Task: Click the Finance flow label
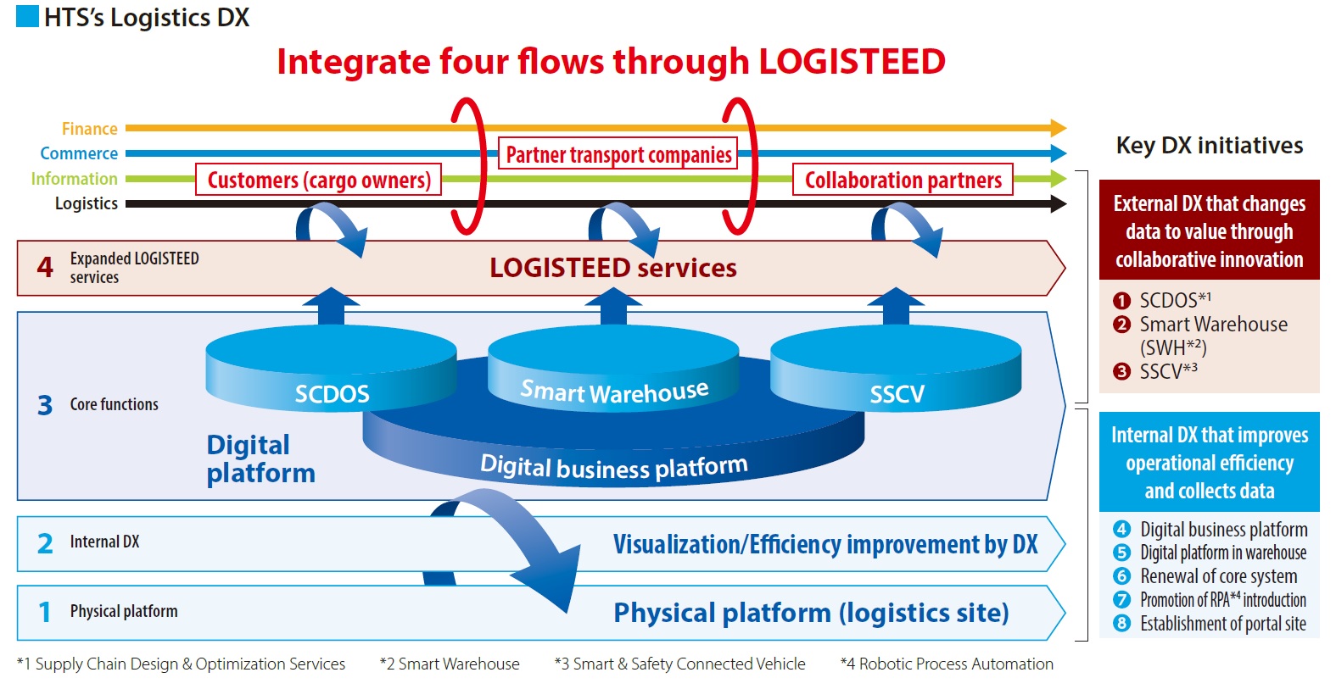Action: pyautogui.click(x=89, y=129)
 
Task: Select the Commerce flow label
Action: pyautogui.click(x=79, y=153)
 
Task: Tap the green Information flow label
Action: pyautogui.click(x=74, y=179)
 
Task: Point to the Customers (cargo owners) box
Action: pyautogui.click(x=319, y=180)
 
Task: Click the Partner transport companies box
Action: pyautogui.click(x=618, y=154)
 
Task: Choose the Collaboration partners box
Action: pyautogui.click(x=903, y=180)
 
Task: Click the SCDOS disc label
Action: pyautogui.click(x=332, y=394)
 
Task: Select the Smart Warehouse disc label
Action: pyautogui.click(x=614, y=392)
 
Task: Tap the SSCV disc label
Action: pyautogui.click(x=897, y=394)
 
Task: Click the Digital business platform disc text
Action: pyautogui.click(x=613, y=467)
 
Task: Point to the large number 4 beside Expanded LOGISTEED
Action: pyautogui.click(x=45, y=268)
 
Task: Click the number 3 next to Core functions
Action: pyautogui.click(x=45, y=405)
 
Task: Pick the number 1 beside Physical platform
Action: pyautogui.click(x=45, y=612)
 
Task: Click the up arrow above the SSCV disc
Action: pyautogui.click(x=896, y=306)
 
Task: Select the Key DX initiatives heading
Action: pyautogui.click(x=1209, y=146)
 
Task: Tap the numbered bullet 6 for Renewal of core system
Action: pyautogui.click(x=1122, y=576)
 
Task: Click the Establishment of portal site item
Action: pyautogui.click(x=1222, y=624)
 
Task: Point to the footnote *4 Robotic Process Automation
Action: pyautogui.click(x=947, y=664)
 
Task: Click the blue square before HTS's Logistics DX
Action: pyautogui.click(x=27, y=17)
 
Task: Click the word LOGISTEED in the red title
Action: pyautogui.click(x=852, y=62)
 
